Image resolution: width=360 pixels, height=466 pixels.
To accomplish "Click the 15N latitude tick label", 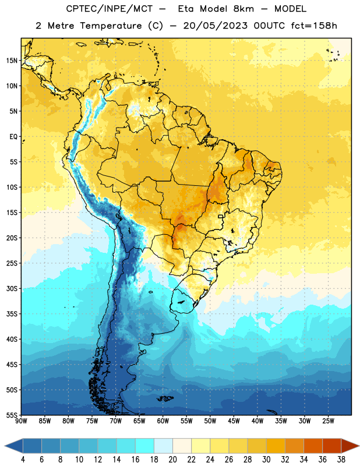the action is (x=12, y=61).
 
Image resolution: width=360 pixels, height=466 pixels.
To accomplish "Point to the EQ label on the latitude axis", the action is (x=13, y=137).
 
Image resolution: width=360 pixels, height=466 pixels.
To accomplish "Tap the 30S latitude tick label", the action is (x=12, y=288).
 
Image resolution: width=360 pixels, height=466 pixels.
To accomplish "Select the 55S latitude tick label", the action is (x=12, y=415).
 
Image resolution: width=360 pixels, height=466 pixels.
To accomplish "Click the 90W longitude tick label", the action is (x=21, y=421).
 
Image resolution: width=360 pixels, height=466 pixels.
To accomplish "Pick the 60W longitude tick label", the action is (x=163, y=421).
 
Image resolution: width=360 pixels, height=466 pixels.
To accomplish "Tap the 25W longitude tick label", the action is (x=328, y=421).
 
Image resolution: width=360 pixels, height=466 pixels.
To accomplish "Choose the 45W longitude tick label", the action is (x=234, y=421).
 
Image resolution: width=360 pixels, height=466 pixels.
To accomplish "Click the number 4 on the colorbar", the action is (x=23, y=460).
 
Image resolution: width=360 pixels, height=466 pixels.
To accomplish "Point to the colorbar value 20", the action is (x=172, y=460).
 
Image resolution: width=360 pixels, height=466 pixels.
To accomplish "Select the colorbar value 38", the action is (x=341, y=460).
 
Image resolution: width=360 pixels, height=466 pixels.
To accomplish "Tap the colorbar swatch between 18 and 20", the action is (x=164, y=446).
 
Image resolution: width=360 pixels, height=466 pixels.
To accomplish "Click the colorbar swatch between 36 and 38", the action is (x=332, y=446).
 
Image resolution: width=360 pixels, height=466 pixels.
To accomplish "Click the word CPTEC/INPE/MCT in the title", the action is (x=110, y=9).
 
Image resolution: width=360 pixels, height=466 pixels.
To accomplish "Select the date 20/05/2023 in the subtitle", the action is (x=215, y=26).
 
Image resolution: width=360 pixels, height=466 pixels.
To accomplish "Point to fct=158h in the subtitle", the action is (x=314, y=26).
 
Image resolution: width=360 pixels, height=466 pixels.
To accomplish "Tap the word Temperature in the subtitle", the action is (x=111, y=26).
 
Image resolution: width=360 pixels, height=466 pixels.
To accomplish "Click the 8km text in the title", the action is (x=243, y=9).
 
